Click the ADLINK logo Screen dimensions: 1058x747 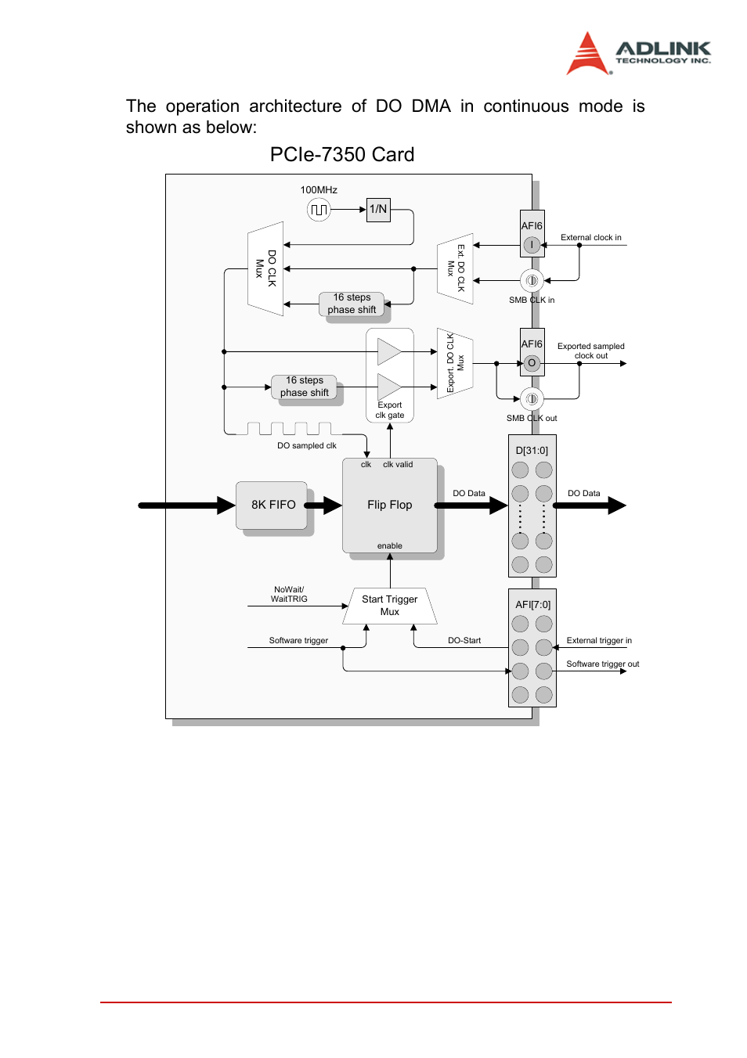point(638,53)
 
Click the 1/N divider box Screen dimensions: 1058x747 point(378,210)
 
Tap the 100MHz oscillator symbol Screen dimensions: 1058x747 point(319,210)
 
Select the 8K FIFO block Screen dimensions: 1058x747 point(272,506)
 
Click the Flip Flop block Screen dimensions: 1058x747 point(389,506)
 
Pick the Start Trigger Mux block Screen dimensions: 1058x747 point(389,606)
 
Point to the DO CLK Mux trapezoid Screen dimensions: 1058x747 point(265,268)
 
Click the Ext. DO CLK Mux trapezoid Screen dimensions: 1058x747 point(456,268)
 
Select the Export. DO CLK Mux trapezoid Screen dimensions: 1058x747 point(455,363)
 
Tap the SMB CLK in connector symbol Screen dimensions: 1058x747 point(532,280)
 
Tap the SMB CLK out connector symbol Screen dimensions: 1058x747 point(532,399)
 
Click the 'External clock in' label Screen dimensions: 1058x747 point(590,238)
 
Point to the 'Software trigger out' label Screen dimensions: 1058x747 point(602,664)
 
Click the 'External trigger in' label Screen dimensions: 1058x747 point(599,641)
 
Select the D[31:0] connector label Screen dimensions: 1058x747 point(532,451)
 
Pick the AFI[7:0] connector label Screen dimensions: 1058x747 point(532,605)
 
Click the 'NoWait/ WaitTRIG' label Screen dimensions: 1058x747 point(289,595)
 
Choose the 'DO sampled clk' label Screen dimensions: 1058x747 point(306,446)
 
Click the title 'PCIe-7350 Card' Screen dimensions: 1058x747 point(342,155)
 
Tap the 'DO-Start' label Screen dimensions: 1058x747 point(464,641)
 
